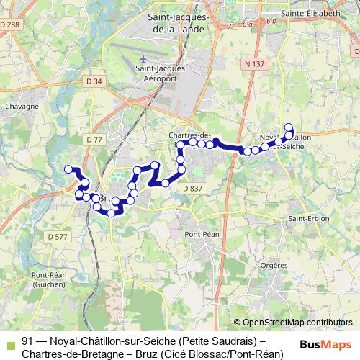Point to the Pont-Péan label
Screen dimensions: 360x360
pos(202,234)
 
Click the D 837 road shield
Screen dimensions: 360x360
pos(192,188)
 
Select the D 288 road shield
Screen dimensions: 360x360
pos(12,25)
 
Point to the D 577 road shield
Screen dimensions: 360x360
pos(57,236)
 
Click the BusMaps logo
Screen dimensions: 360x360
pos(327,344)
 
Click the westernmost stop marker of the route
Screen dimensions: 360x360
pos(69,169)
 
